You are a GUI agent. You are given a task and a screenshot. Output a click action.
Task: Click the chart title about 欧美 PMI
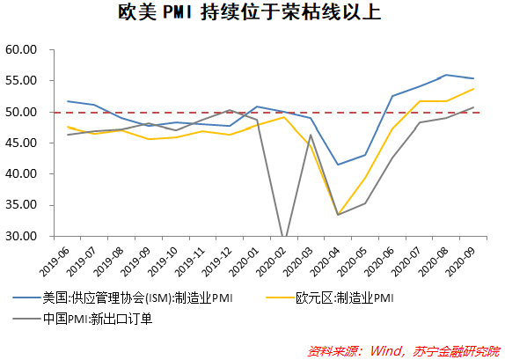[x=250, y=13]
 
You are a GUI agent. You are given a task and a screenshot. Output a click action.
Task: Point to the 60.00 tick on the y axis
[x=21, y=49]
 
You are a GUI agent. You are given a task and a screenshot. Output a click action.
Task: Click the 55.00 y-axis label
[x=21, y=81]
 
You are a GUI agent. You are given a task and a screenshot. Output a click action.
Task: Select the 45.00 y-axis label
[x=21, y=143]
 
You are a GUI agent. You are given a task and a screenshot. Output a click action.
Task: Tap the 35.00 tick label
[x=21, y=205]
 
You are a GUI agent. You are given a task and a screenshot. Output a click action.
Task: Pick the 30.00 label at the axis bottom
[x=21, y=236]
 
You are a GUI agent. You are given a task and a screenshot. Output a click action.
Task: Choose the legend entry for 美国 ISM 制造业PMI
[x=122, y=298]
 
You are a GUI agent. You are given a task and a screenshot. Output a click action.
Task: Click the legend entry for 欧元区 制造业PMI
[x=329, y=298]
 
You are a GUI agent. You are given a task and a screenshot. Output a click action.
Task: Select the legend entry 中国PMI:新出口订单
[x=83, y=319]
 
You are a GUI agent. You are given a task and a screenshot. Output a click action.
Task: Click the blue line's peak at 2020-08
[x=446, y=75]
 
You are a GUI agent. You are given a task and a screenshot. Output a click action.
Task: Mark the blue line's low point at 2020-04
[x=338, y=165]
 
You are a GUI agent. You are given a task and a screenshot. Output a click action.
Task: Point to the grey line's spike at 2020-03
[x=311, y=135]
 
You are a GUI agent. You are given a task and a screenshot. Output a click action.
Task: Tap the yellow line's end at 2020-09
[x=473, y=89]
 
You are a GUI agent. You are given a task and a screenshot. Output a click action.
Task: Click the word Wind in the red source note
[x=384, y=351]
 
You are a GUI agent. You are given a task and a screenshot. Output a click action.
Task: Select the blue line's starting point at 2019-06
[x=68, y=101]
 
